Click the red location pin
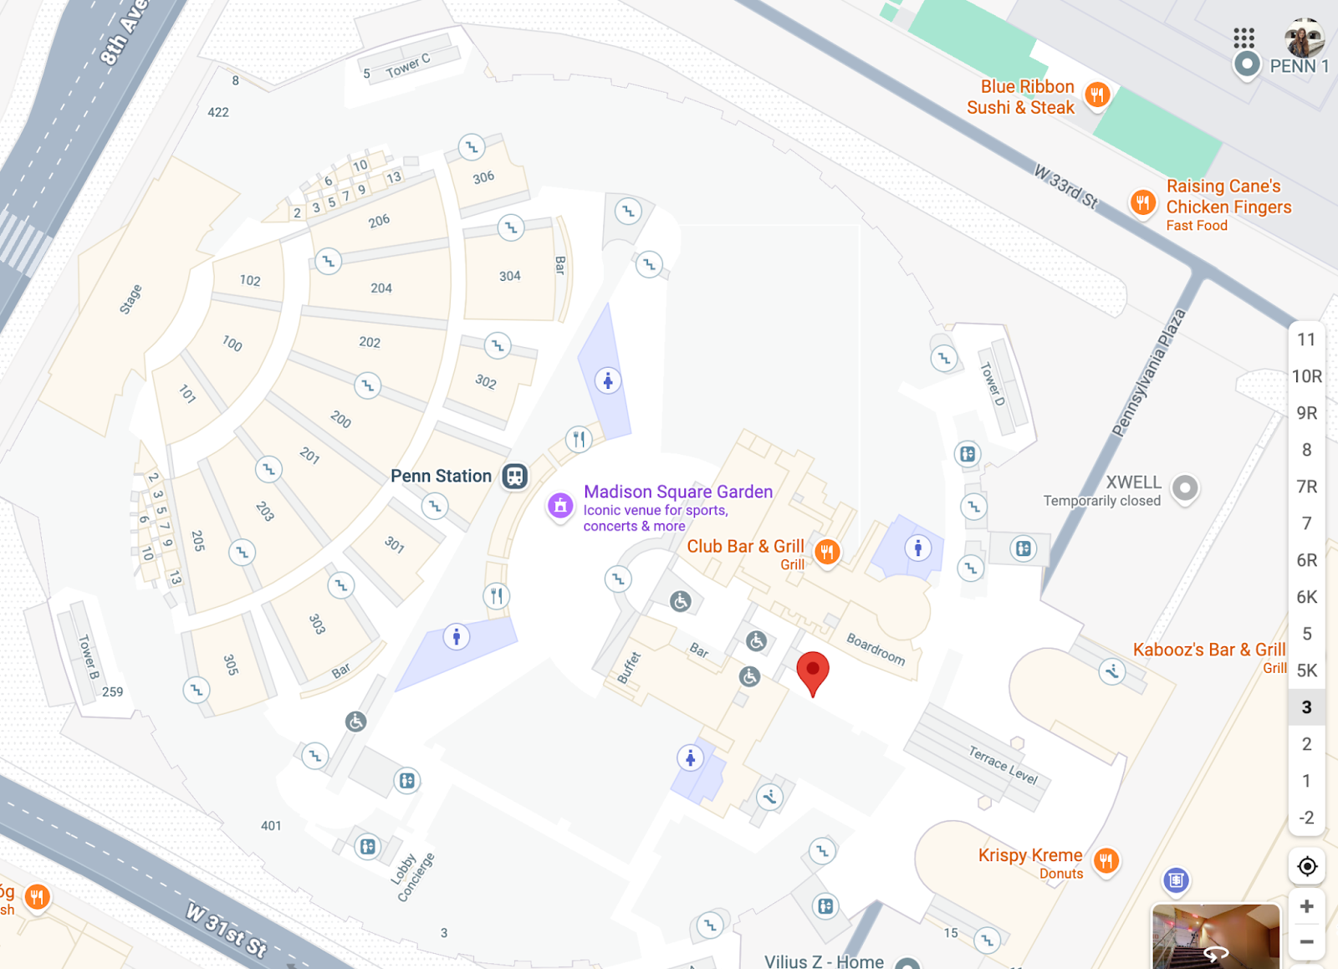pyautogui.click(x=812, y=671)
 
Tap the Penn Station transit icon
pyautogui.click(x=514, y=477)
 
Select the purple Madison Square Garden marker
pyautogui.click(x=560, y=505)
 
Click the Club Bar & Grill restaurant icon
pyautogui.click(x=827, y=551)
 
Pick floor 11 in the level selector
pyautogui.click(x=1306, y=339)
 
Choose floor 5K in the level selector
pyautogui.click(x=1306, y=671)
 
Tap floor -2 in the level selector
pyautogui.click(x=1306, y=818)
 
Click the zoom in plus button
pyautogui.click(x=1306, y=906)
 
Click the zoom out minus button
pyautogui.click(x=1306, y=942)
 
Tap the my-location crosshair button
pyautogui.click(x=1306, y=867)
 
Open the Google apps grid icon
pyautogui.click(x=1244, y=38)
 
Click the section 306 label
pyautogui.click(x=483, y=177)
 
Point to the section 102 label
pyautogui.click(x=250, y=280)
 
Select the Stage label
pyautogui.click(x=130, y=299)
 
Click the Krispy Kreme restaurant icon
pyautogui.click(x=1106, y=860)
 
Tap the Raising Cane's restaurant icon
pyautogui.click(x=1142, y=202)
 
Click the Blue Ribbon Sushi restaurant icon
pyautogui.click(x=1097, y=94)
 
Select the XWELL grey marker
pyautogui.click(x=1185, y=487)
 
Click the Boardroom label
pyautogui.click(x=876, y=650)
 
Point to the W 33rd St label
pyautogui.click(x=1065, y=186)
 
